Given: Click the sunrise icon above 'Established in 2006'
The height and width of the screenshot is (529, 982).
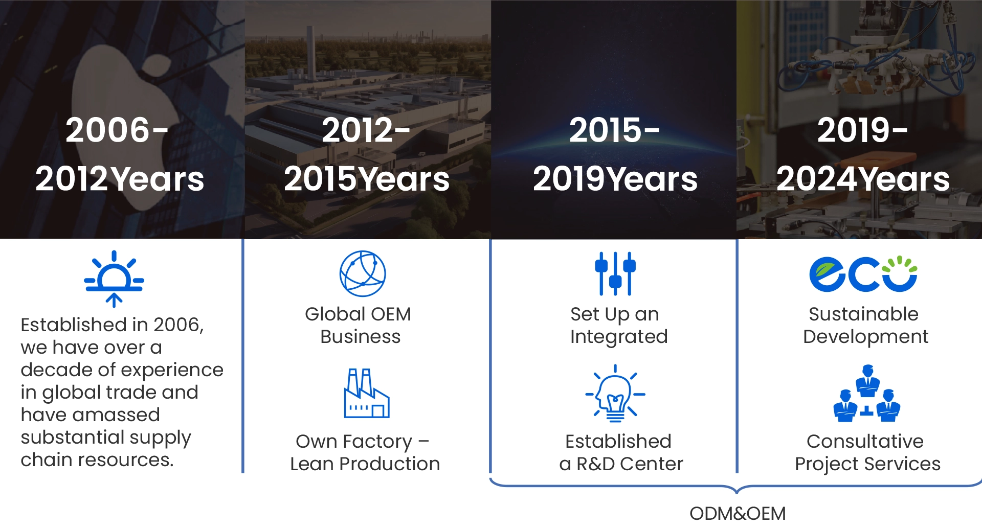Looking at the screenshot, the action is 114,279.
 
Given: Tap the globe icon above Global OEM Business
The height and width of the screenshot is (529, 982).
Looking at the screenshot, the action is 363,273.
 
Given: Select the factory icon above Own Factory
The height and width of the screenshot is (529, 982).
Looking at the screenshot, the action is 367,393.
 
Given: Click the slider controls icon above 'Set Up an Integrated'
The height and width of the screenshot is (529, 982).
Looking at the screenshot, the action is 615,273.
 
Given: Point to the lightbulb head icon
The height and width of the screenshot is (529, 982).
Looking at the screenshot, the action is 615,393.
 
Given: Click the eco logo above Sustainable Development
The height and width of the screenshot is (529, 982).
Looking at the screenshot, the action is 863,273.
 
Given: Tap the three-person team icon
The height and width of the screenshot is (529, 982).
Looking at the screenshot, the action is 867,393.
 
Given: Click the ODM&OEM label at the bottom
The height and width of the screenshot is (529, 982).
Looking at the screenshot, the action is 738,513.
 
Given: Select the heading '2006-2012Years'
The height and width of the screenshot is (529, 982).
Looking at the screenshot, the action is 120,154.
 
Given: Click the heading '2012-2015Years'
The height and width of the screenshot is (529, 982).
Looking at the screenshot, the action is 367,154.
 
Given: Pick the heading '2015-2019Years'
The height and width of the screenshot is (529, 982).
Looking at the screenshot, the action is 615,154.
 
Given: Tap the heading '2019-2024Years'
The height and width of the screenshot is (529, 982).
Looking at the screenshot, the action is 863,154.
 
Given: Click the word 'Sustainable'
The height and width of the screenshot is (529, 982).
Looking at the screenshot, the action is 863,314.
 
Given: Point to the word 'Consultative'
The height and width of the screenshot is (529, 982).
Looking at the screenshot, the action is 865,441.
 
